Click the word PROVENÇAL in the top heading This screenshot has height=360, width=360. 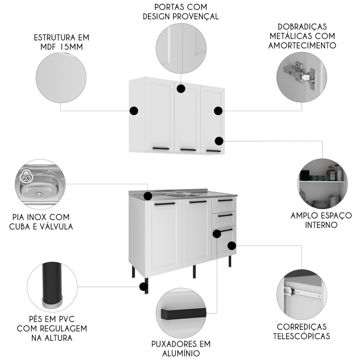(x=195, y=17)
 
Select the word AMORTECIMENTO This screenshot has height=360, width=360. (x=302, y=45)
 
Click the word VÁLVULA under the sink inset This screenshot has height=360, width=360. (x=57, y=226)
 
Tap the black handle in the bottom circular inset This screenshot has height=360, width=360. (x=183, y=314)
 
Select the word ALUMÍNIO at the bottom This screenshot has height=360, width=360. (x=181, y=353)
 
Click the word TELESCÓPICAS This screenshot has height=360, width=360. (x=301, y=336)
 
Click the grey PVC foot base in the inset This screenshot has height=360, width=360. (x=52, y=303)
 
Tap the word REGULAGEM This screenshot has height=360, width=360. (x=63, y=329)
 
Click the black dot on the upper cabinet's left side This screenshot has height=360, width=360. (x=134, y=111)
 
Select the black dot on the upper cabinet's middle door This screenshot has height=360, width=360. (x=181, y=89)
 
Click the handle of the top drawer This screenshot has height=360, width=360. (x=225, y=201)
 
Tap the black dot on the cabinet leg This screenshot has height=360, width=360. (x=144, y=287)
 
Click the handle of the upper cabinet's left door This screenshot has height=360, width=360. (x=161, y=149)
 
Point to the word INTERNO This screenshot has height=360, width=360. (x=321, y=225)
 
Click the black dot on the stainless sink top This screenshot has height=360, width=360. (x=148, y=196)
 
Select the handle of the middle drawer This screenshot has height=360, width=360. (x=225, y=215)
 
